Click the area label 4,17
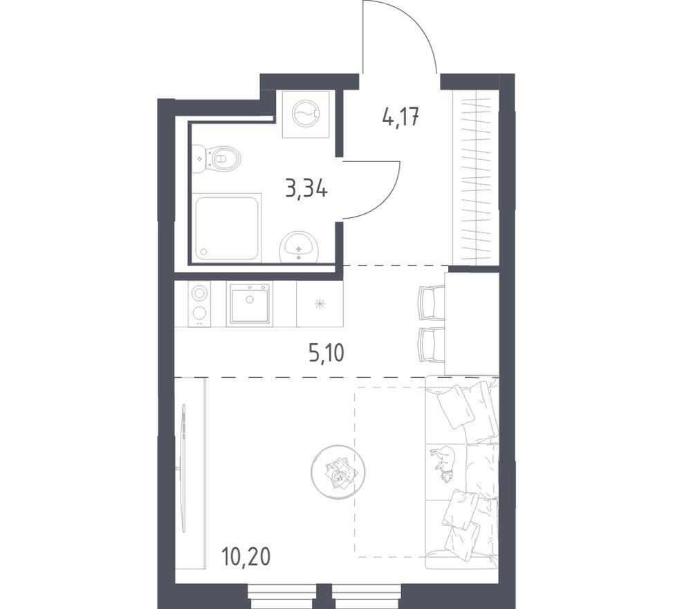[x=400, y=116]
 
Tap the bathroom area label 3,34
[x=306, y=188]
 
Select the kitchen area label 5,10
[x=326, y=354]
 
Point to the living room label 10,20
[x=246, y=557]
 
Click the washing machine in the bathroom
[x=306, y=114]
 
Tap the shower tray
[x=227, y=227]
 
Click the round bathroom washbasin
[x=299, y=247]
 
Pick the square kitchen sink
[x=250, y=303]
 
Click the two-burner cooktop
[x=199, y=304]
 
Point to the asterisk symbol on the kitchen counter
[x=320, y=304]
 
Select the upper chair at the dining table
[x=431, y=303]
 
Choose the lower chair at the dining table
[x=431, y=345]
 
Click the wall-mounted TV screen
[x=184, y=468]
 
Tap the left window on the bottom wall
[x=282, y=596]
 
